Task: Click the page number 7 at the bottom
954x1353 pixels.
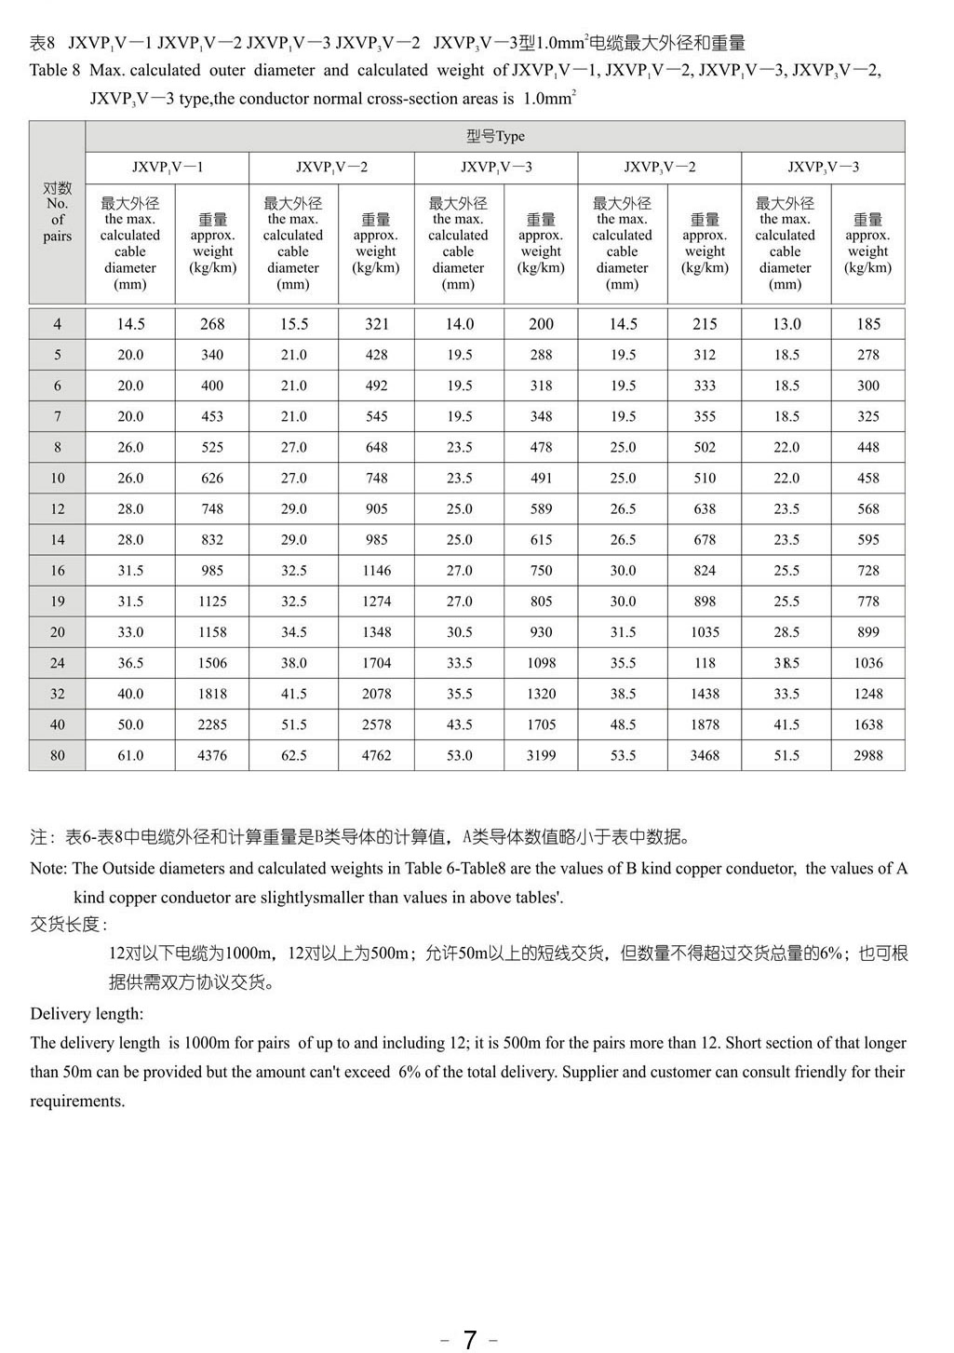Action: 470,1339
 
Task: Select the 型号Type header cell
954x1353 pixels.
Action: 495,136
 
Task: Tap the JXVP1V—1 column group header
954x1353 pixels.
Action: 168,168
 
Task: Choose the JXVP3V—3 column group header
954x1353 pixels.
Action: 823,168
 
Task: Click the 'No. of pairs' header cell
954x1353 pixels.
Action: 58,212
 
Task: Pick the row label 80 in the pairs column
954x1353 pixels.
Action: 58,755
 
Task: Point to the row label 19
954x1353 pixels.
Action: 58,602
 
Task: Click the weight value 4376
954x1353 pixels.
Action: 212,755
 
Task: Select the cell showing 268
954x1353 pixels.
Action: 212,324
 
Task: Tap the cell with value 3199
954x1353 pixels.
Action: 541,755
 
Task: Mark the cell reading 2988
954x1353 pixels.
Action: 867,755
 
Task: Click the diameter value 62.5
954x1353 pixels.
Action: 294,755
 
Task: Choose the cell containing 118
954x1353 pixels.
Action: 705,663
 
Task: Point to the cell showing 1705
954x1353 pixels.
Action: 541,724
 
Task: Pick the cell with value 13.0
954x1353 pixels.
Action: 786,324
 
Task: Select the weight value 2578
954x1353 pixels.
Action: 376,724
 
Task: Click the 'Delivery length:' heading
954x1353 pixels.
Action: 87,1014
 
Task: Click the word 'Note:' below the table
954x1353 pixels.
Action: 48,869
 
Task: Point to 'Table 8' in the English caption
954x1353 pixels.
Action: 55,71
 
